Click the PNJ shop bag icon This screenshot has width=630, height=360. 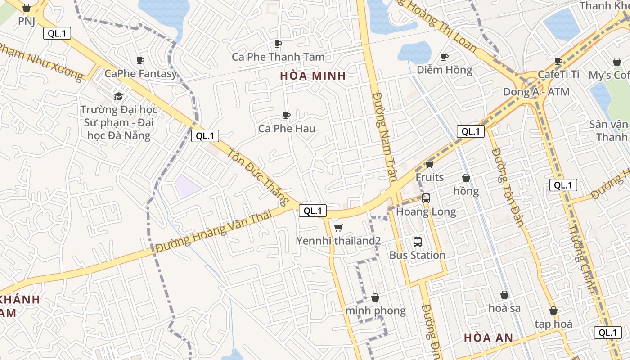click(27, 8)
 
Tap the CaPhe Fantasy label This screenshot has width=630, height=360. click(141, 73)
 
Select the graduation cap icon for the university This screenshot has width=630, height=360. click(118, 96)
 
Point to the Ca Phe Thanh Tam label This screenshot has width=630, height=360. click(278, 57)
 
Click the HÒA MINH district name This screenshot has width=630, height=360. click(313, 76)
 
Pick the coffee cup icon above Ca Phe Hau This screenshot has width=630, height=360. click(286, 116)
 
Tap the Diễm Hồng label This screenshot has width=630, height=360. click(444, 70)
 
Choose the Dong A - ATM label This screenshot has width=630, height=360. click(536, 92)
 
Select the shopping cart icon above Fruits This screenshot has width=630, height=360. click(430, 164)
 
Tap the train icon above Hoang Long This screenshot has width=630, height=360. click(426, 198)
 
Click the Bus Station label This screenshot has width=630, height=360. click(417, 255)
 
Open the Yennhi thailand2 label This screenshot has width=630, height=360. click(338, 241)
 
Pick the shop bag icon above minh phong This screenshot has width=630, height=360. click(375, 297)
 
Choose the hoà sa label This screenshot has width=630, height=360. click(504, 308)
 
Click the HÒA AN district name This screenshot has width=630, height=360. click(488, 337)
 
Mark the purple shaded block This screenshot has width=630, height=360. click(188, 186)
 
